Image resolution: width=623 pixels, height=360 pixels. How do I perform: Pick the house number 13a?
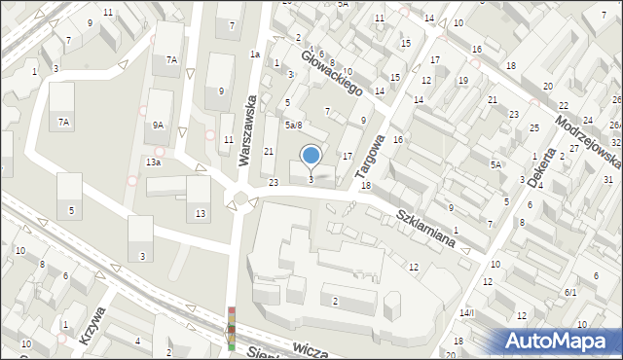153,162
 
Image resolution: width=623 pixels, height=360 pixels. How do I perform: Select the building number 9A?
158,125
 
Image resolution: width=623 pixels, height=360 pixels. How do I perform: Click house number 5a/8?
293,125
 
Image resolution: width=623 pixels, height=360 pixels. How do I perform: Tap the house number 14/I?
466,312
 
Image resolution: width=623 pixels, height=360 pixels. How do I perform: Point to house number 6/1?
569,292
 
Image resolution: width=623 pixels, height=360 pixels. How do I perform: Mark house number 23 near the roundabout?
274,182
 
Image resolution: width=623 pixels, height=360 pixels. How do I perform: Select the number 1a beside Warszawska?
254,54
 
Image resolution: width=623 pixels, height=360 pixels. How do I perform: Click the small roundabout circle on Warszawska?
239,200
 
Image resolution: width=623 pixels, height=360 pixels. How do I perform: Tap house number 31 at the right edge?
607,180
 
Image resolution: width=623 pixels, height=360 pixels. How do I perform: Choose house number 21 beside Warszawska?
270,151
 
